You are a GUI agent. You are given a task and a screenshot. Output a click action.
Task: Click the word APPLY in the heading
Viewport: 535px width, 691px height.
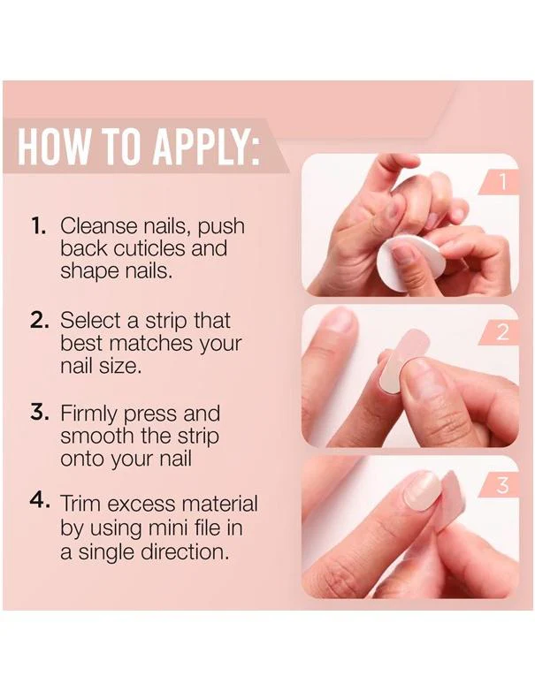pyautogui.click(x=204, y=146)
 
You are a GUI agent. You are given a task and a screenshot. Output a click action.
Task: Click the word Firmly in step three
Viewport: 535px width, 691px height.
pyautogui.click(x=89, y=414)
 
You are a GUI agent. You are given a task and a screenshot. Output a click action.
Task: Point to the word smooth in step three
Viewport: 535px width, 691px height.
pyautogui.click(x=97, y=436)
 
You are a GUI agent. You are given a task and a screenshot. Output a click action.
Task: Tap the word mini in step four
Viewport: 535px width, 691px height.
pyautogui.click(x=169, y=528)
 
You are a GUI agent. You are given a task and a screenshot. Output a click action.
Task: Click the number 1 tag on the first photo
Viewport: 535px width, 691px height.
pyautogui.click(x=502, y=181)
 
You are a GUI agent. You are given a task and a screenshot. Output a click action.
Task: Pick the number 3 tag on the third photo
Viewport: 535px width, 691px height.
pyautogui.click(x=502, y=485)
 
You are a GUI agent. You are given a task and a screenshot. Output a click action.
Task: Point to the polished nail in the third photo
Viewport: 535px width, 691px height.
pyautogui.click(x=422, y=490)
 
